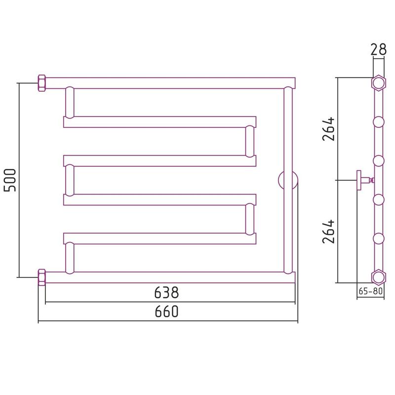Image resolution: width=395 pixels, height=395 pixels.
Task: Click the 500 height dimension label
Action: [x=10, y=180]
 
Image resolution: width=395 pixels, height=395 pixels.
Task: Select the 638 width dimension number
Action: [x=166, y=293]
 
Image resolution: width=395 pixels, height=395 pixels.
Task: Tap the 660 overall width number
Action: [x=166, y=312]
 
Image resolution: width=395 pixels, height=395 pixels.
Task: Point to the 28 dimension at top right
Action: [x=378, y=50]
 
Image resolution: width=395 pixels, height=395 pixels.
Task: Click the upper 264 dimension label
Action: [x=328, y=129]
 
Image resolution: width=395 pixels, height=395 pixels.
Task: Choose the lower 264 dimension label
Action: [x=328, y=232]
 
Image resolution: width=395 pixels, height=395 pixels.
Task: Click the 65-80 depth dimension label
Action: [x=371, y=291]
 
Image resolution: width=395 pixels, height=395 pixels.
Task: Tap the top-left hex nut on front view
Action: [x=41, y=83]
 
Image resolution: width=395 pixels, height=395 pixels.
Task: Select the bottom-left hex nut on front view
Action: [x=41, y=277]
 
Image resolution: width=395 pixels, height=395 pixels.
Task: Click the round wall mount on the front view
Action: [x=288, y=180]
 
